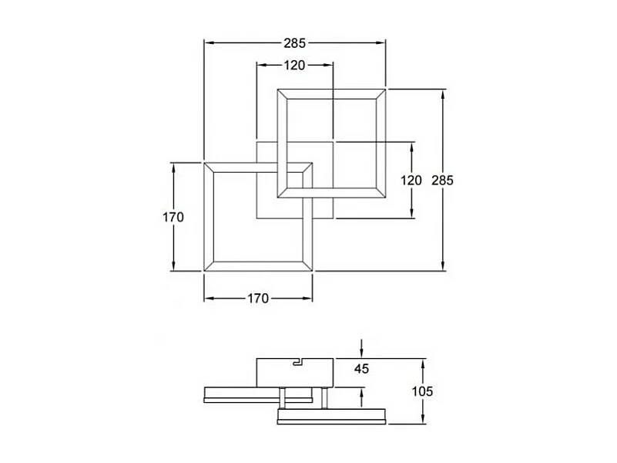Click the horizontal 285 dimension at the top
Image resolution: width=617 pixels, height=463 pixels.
pyautogui.click(x=294, y=43)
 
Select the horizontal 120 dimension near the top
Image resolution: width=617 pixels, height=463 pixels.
pyautogui.click(x=293, y=66)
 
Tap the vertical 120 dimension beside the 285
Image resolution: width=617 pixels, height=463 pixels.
pyautogui.click(x=411, y=181)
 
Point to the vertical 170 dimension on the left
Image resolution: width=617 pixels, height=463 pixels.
pyautogui.click(x=173, y=217)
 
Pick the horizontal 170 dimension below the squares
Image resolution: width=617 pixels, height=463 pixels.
pyautogui.click(x=258, y=299)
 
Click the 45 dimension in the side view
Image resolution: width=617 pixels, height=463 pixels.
pyautogui.click(x=362, y=368)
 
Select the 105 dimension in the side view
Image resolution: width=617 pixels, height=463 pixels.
pyautogui.click(x=422, y=391)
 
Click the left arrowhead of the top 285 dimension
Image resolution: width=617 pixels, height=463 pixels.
pyautogui.click(x=207, y=43)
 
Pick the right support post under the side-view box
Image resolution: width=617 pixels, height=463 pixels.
pyautogui.click(x=324, y=397)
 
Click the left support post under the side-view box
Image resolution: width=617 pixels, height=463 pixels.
pyautogui.click(x=283, y=397)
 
